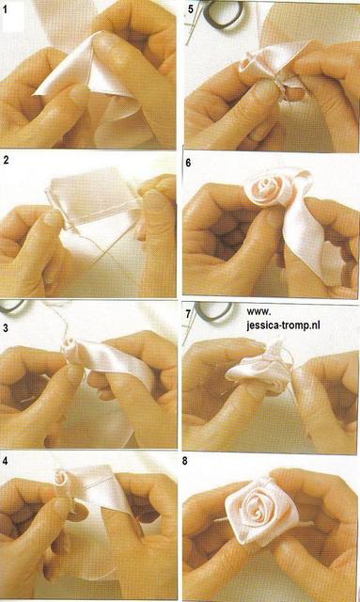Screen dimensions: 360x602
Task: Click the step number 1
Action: [6, 9]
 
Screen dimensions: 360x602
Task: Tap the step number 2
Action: [6, 160]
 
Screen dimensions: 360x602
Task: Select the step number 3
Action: [6, 328]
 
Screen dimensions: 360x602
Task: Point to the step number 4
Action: [6, 461]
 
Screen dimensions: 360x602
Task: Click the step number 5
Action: [191, 8]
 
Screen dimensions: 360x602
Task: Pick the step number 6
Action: [188, 163]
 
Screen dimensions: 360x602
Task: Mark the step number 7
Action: [188, 314]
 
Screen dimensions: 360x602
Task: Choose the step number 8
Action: [185, 461]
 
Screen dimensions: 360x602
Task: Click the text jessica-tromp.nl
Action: [283, 325]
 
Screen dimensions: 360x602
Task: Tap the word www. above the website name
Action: [258, 311]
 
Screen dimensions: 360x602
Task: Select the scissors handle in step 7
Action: [213, 310]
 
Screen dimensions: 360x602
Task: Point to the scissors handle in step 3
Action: [13, 307]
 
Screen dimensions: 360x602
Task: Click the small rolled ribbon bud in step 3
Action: [72, 346]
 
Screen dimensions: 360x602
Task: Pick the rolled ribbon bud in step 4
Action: [61, 479]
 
